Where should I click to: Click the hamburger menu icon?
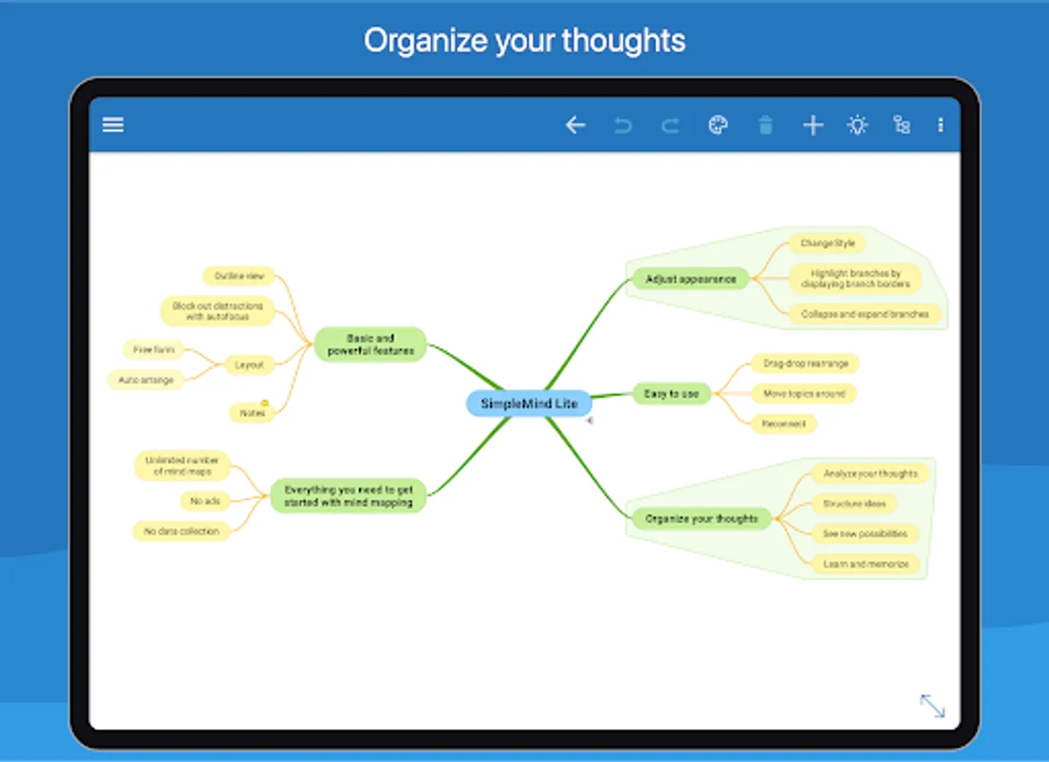(x=113, y=125)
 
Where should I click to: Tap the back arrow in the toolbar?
(x=575, y=125)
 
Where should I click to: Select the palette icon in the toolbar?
(x=718, y=125)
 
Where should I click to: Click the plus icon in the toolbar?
(x=813, y=125)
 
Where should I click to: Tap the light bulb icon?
(x=858, y=125)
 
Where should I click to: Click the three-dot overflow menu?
(x=940, y=125)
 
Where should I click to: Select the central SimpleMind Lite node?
(x=529, y=404)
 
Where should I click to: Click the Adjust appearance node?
(x=690, y=279)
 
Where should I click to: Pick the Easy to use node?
(x=671, y=394)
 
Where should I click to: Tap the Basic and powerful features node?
(x=371, y=345)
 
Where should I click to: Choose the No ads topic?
(x=205, y=501)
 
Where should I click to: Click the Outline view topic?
(x=239, y=276)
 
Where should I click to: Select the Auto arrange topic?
(x=146, y=380)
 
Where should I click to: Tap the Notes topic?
(x=252, y=413)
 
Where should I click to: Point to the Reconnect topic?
(x=783, y=423)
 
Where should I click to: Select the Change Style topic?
(x=827, y=244)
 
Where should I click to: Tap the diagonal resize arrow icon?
(x=932, y=705)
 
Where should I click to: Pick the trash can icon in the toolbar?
(x=765, y=125)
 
